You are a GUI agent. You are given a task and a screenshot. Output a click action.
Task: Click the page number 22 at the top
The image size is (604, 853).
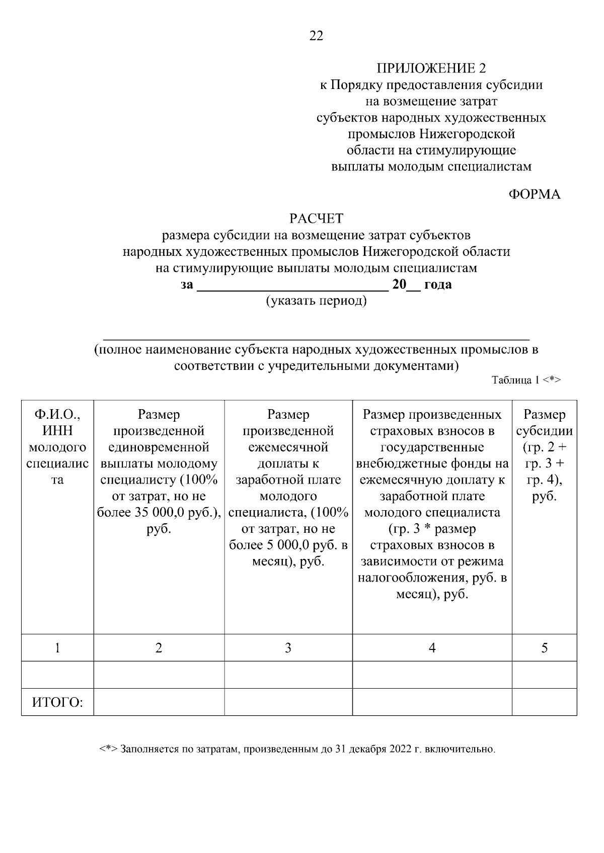(x=316, y=36)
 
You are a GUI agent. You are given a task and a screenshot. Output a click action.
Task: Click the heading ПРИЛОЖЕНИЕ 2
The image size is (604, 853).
(x=431, y=68)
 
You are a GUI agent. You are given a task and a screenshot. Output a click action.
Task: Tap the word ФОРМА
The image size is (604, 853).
(x=534, y=195)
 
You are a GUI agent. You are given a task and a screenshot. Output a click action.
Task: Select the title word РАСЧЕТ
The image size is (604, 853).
(x=316, y=219)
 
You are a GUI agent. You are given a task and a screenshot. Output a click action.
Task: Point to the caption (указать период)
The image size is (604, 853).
(x=316, y=301)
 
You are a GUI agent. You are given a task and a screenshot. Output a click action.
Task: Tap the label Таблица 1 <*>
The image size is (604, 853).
(x=526, y=380)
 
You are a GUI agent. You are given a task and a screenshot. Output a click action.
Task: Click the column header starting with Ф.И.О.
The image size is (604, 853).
(x=57, y=447)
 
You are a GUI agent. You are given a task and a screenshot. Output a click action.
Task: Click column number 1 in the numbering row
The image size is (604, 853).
(x=57, y=648)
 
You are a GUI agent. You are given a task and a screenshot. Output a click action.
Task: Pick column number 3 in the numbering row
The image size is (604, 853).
(x=288, y=648)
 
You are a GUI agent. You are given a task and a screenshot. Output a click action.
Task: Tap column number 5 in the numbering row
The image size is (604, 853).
(x=544, y=648)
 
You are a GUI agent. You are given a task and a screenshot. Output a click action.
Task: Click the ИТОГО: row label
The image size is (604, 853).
(x=57, y=702)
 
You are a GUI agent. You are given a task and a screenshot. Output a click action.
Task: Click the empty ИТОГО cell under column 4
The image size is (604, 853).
(x=432, y=702)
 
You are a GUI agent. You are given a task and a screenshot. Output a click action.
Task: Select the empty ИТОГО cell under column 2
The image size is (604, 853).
(x=159, y=702)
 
